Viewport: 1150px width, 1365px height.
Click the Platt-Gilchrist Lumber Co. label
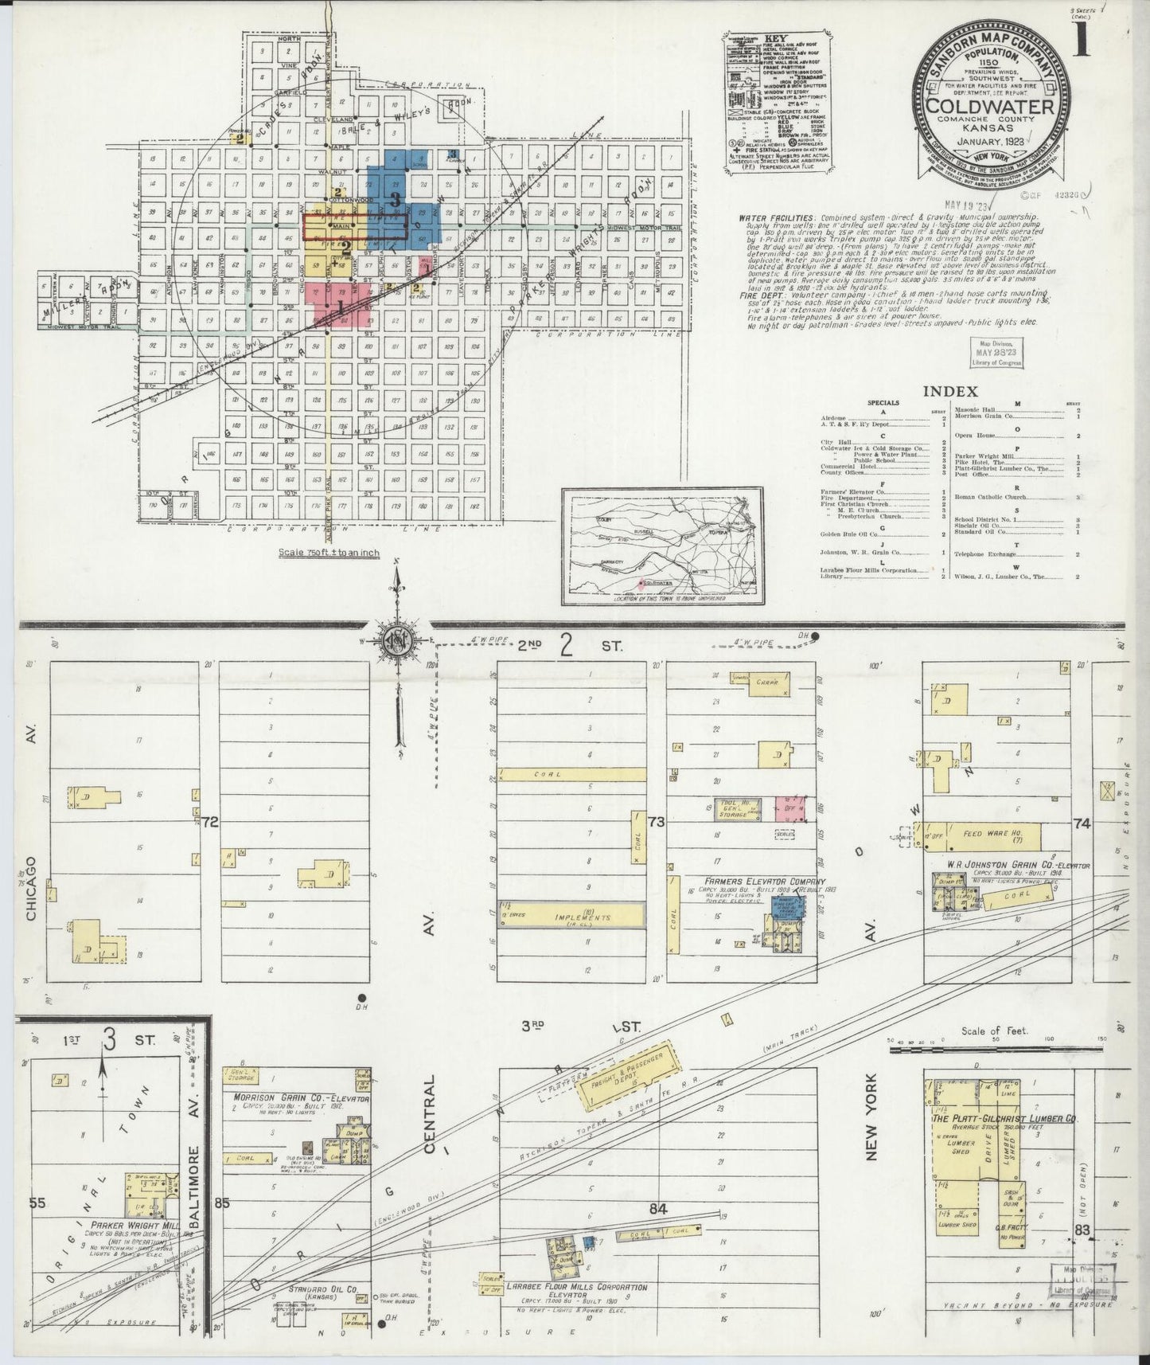pos(1003,1117)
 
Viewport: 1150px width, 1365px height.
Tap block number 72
pos(210,821)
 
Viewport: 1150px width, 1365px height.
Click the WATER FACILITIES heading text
pos(776,217)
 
